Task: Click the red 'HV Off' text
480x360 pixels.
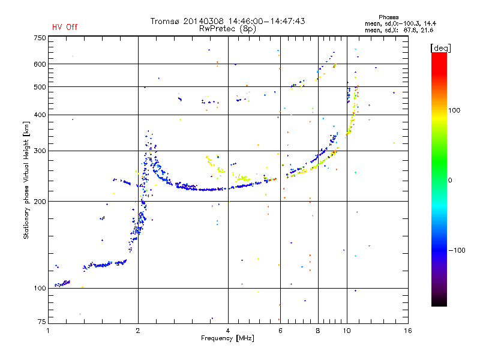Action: [65, 27]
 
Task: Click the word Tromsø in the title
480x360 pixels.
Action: [164, 21]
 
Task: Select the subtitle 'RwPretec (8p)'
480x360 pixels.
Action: [228, 29]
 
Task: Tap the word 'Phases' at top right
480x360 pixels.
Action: [388, 17]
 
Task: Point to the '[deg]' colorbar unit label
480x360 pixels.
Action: [440, 49]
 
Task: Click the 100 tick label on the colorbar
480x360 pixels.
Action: [454, 110]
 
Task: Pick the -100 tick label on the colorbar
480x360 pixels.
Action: [457, 250]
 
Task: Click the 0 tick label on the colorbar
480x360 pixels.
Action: [450, 181]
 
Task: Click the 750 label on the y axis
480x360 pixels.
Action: [40, 38]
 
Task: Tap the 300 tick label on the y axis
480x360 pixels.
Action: [40, 151]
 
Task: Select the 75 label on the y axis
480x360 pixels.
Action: [42, 322]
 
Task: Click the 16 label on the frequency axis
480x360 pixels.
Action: [408, 331]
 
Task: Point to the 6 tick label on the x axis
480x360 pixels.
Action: [280, 331]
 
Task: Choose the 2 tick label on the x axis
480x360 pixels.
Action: [138, 331]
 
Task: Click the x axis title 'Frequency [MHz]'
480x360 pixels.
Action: [227, 338]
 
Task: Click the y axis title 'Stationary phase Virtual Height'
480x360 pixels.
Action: [26, 188]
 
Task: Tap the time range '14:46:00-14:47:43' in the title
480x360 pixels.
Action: [266, 21]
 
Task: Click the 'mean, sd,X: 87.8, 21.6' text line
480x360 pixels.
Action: [399, 31]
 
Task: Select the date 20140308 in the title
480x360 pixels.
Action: [203, 21]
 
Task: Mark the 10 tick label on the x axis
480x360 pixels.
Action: [347, 331]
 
